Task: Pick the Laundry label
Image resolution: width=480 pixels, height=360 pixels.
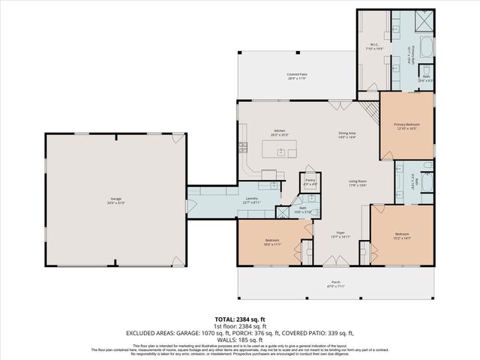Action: click(x=252, y=199)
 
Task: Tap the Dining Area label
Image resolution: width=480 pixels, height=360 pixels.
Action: click(x=347, y=135)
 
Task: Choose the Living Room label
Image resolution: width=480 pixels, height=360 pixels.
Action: click(x=357, y=182)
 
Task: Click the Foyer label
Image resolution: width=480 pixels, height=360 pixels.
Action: click(x=340, y=233)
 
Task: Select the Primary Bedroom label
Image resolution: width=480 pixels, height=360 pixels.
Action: click(x=406, y=125)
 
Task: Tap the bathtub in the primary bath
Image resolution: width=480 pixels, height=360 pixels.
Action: click(x=427, y=50)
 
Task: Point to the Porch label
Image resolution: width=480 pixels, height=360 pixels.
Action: click(x=336, y=283)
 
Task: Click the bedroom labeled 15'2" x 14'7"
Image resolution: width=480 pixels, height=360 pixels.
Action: click(x=403, y=236)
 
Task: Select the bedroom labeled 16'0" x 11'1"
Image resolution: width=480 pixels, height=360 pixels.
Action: click(x=271, y=242)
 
